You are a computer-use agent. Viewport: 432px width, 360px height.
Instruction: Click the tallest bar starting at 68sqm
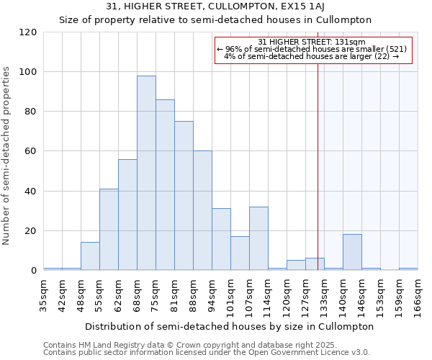(146, 173)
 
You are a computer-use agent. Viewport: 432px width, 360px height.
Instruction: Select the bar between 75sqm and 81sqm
(165, 185)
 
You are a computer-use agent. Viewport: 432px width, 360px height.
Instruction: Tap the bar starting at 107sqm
(258, 238)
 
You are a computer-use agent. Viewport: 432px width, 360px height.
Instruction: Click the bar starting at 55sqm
(109, 230)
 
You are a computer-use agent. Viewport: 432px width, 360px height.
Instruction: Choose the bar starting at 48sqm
(90, 256)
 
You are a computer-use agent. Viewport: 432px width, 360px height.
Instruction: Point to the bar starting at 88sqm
(202, 210)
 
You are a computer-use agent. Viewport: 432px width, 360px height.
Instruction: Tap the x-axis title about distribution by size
(229, 326)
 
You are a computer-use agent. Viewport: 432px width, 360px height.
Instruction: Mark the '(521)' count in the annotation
(397, 49)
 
